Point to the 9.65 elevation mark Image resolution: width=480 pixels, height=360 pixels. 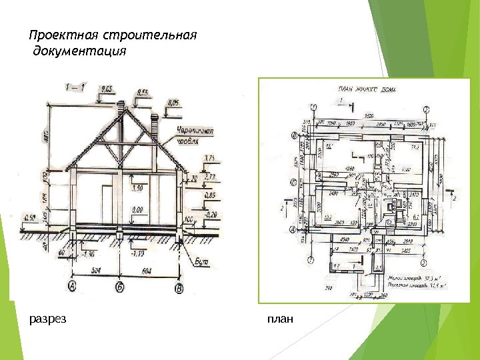(106, 89)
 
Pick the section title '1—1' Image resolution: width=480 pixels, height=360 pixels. (75, 87)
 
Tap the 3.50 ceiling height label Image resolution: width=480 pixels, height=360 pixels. (138, 189)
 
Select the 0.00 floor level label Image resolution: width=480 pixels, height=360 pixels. (138, 210)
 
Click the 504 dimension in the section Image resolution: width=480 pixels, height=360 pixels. (97, 270)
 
